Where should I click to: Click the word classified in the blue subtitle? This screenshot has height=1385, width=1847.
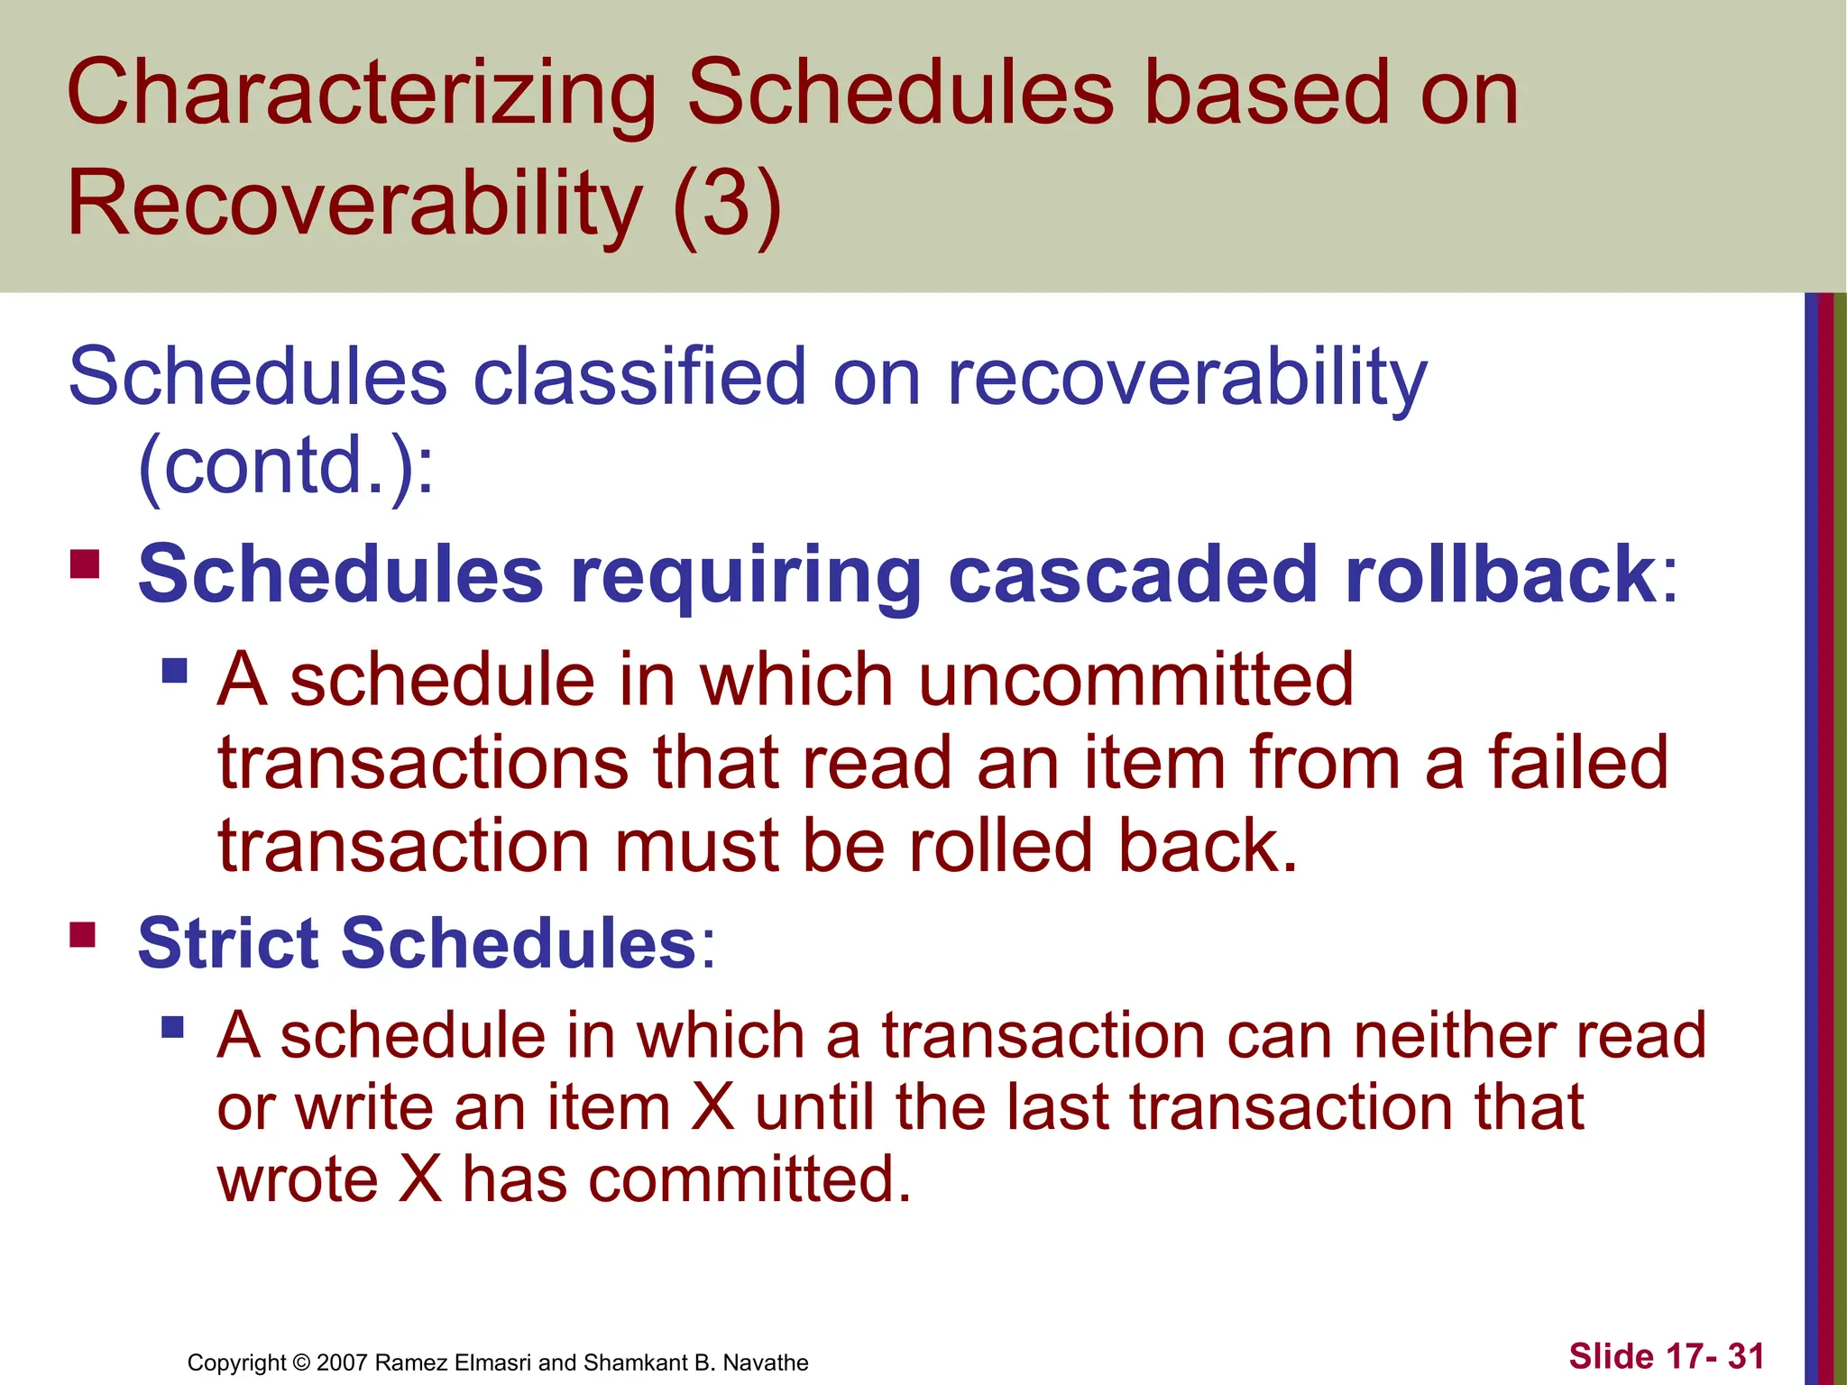click(x=639, y=377)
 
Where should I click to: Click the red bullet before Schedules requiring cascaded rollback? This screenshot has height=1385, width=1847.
click(x=85, y=564)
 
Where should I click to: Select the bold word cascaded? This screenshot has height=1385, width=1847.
click(x=1133, y=574)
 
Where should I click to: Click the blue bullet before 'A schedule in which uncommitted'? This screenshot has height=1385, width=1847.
click(x=175, y=670)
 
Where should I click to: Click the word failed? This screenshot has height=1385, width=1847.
click(x=1577, y=763)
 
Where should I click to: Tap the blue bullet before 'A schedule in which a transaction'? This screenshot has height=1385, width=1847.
click(x=173, y=1027)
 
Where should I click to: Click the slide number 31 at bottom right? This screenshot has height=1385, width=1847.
click(x=1746, y=1356)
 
